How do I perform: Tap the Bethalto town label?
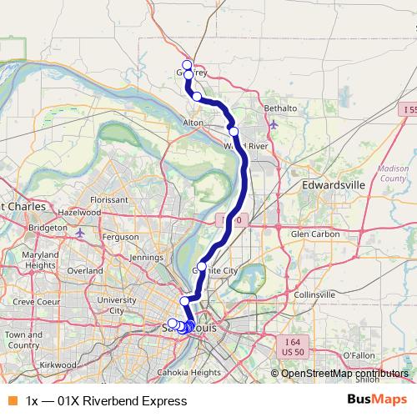click(x=280, y=108)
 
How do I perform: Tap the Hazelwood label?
click(x=79, y=213)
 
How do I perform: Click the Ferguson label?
click(x=118, y=237)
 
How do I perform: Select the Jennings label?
click(x=147, y=258)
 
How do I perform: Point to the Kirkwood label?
click(x=57, y=365)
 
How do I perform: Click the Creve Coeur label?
click(x=33, y=300)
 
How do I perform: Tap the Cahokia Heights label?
click(x=193, y=372)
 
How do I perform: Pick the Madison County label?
click(x=393, y=173)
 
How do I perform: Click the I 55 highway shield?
click(x=407, y=110)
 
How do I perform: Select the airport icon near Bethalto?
click(x=274, y=125)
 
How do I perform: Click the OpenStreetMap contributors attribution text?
click(x=344, y=374)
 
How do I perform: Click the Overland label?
click(x=85, y=270)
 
